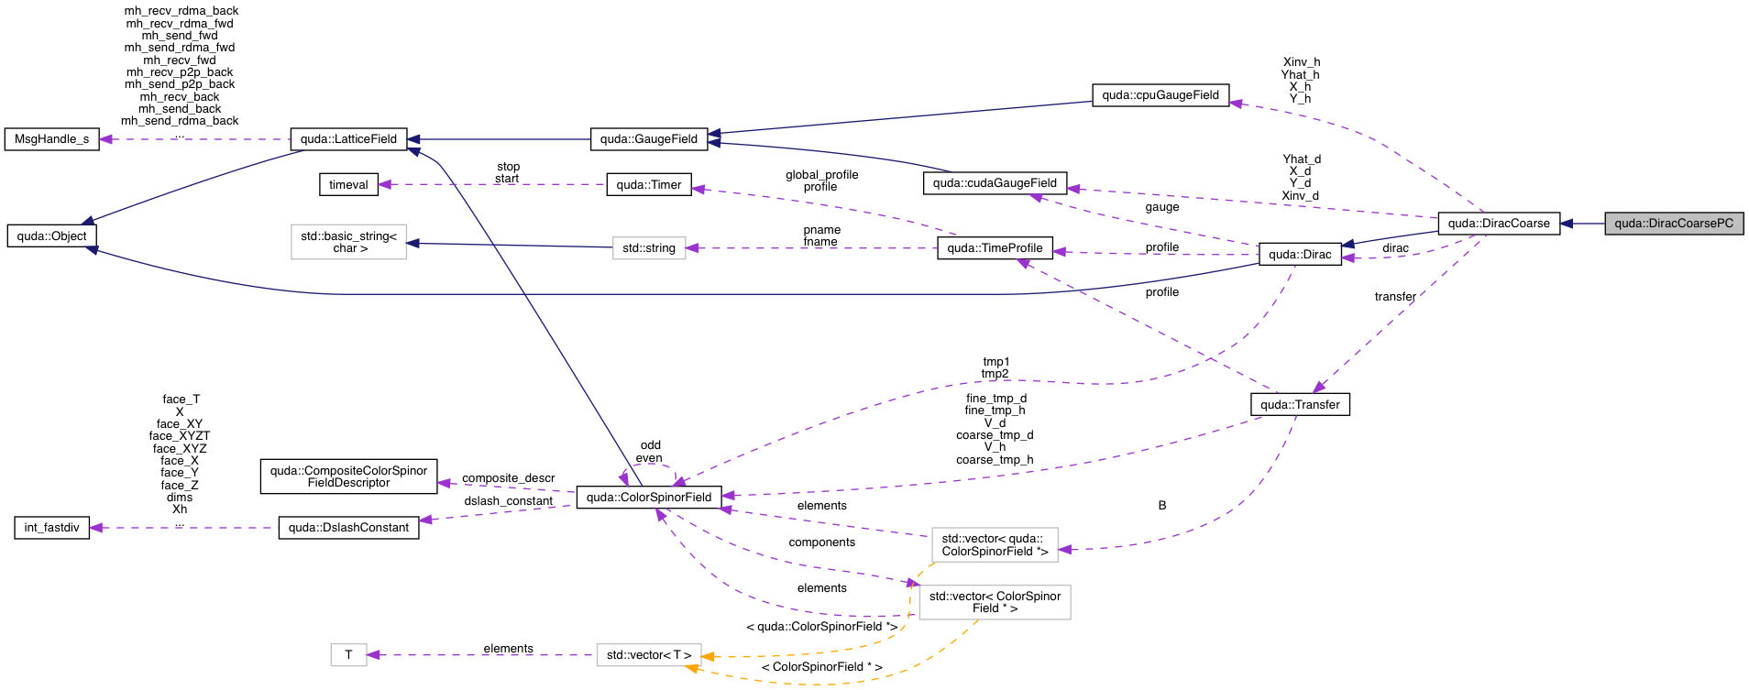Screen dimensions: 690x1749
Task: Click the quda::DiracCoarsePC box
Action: tap(1673, 224)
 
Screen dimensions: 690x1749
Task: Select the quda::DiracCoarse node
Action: tap(1498, 224)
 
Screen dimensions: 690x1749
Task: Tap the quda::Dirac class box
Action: tap(1299, 255)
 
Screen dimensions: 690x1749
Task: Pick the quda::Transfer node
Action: tap(1299, 405)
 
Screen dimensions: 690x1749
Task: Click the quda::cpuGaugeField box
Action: tap(1160, 95)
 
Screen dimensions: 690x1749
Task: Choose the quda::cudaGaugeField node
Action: tap(994, 183)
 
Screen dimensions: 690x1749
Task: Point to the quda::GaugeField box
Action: tap(648, 139)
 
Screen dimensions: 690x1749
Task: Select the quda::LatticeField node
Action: tap(348, 139)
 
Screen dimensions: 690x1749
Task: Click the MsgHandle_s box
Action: tap(51, 139)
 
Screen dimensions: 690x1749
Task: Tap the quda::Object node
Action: tap(51, 236)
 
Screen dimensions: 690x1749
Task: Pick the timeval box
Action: tap(347, 185)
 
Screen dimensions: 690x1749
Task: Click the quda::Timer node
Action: tap(648, 185)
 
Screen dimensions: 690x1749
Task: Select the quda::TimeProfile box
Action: tap(994, 248)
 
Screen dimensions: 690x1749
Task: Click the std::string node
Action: tap(648, 248)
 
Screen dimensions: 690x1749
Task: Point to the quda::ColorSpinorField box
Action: tap(648, 498)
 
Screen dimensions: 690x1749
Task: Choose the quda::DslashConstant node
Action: tap(348, 528)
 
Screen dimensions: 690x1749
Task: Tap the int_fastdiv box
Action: tap(51, 528)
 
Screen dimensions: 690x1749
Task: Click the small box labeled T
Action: tap(348, 655)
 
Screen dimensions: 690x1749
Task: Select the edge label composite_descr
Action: tap(508, 478)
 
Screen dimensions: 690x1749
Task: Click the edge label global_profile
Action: tap(821, 175)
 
